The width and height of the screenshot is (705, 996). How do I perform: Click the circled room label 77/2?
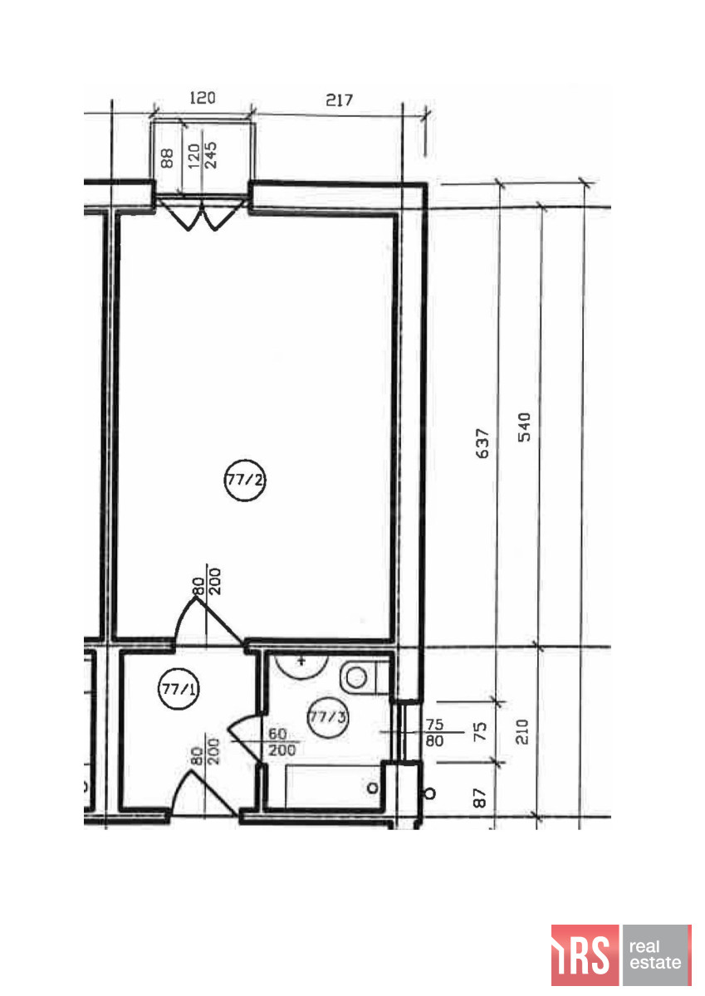tap(245, 480)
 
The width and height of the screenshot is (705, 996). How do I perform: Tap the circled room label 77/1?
tap(179, 689)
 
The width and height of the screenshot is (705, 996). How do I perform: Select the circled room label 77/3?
tap(328, 717)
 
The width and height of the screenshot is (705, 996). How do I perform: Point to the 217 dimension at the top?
tap(339, 100)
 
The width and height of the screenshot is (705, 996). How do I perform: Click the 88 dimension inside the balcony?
tap(167, 159)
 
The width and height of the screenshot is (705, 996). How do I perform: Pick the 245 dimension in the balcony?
tap(210, 154)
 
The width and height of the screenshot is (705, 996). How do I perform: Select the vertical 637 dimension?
tap(482, 443)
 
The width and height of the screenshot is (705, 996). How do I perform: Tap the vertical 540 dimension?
tap(525, 427)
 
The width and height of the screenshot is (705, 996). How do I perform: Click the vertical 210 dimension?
tap(522, 731)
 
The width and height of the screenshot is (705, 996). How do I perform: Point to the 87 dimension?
tap(479, 798)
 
